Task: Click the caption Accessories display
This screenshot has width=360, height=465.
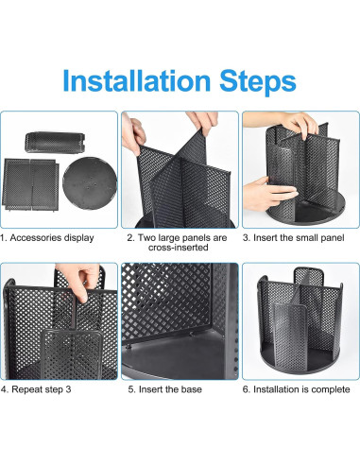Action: (x=52, y=237)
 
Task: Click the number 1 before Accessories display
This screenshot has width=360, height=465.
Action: (x=4, y=237)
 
